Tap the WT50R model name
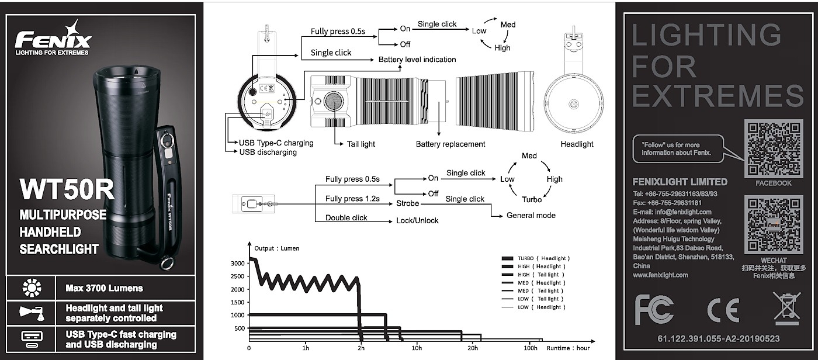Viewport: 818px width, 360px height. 67,190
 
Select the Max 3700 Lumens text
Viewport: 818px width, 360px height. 105,288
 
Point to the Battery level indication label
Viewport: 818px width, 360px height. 417,60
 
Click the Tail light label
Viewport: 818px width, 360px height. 361,144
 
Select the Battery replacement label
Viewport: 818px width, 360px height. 450,144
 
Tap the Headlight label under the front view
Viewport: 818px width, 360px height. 577,144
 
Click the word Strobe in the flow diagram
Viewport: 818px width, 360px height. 407,203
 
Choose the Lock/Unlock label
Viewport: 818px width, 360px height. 418,220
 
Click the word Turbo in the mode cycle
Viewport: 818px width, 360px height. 532,199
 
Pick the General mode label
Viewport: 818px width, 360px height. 531,215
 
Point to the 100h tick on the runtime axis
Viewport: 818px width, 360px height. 531,348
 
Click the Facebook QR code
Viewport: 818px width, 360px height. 774,148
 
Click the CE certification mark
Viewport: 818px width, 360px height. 723,310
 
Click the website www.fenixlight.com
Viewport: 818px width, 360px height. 660,275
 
